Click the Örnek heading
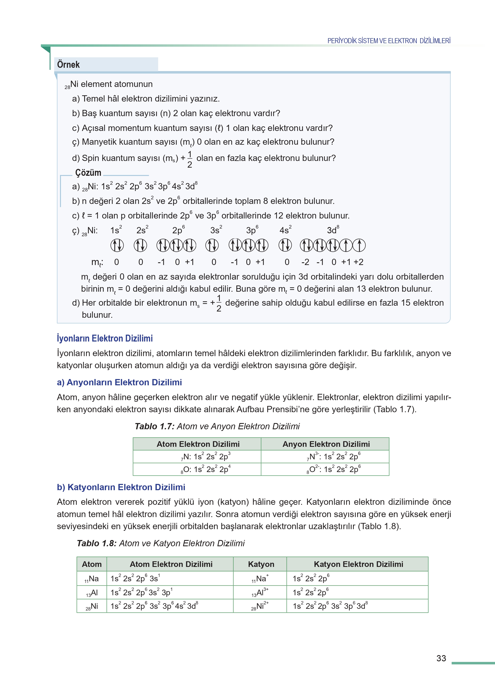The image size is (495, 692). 68,65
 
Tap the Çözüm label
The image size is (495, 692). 88,173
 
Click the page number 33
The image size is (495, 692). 441,658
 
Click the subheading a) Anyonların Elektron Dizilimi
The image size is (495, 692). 119,382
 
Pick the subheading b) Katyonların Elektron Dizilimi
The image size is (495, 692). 121,487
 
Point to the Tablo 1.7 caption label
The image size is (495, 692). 154,426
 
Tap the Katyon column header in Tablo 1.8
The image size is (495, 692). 261,564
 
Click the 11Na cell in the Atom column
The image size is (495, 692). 92,579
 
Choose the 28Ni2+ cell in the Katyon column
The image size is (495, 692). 260,606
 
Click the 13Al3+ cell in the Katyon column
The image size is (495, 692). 260,593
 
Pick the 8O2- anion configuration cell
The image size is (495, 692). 334,469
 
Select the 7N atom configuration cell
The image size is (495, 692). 206,457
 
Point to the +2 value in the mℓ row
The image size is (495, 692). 358,262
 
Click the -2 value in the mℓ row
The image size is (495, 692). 305,262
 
